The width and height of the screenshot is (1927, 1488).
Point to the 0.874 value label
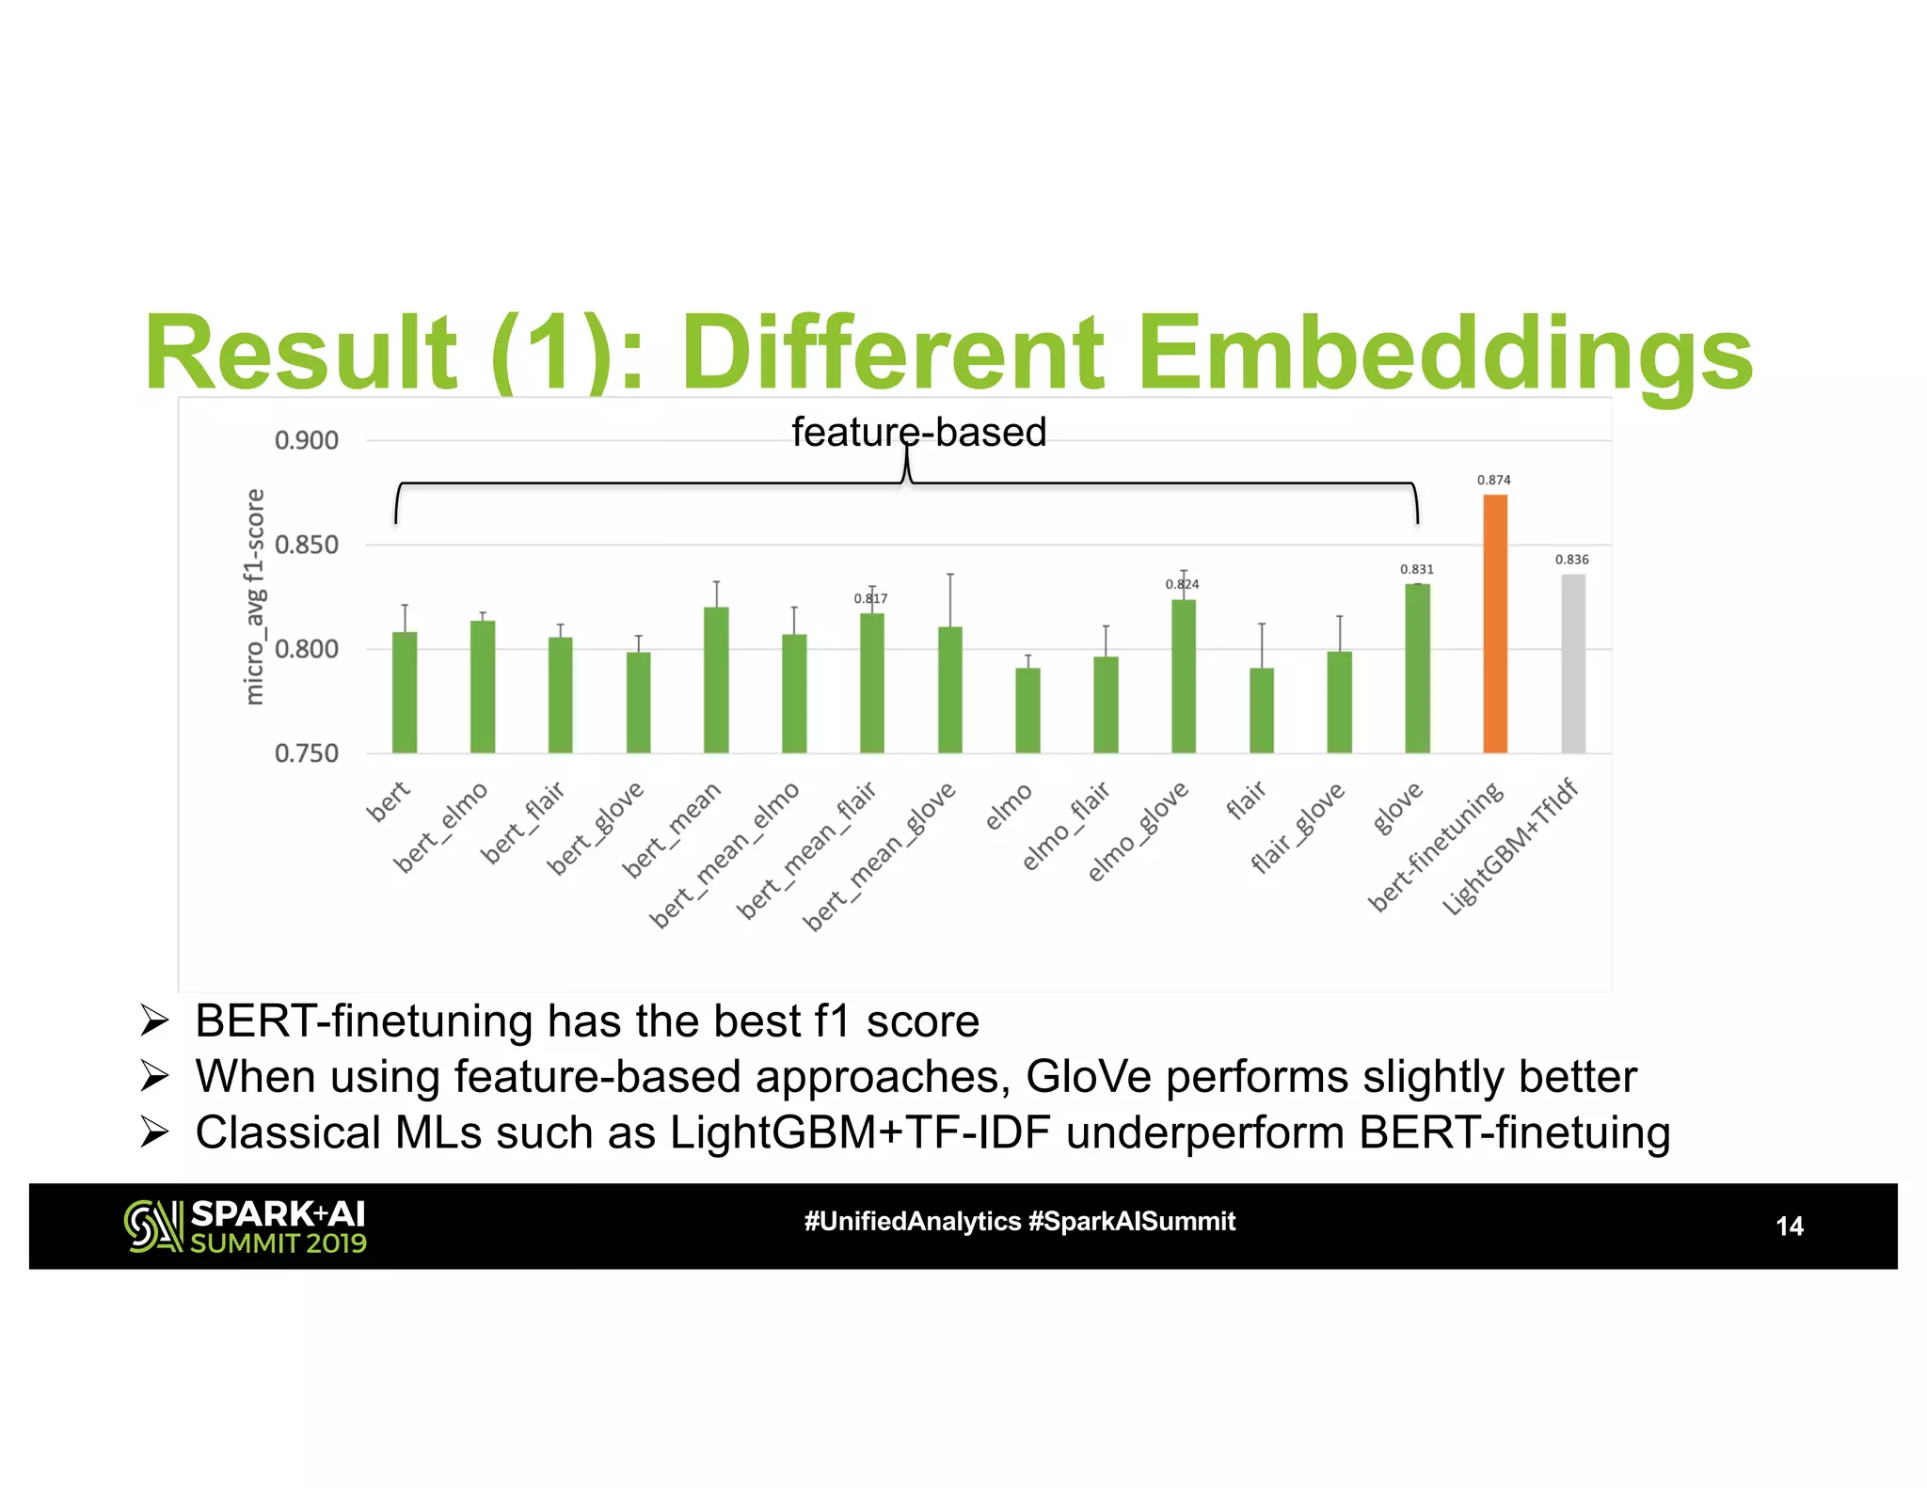point(1493,480)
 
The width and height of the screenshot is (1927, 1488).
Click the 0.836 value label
point(1571,560)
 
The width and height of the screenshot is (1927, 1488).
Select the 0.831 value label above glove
point(1416,569)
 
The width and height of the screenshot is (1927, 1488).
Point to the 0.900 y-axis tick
point(306,440)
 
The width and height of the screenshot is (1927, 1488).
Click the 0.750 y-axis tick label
point(306,753)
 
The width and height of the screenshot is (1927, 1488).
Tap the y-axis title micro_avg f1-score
point(254,596)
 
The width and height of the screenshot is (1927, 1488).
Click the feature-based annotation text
point(918,432)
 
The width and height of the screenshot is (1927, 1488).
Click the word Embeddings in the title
point(1444,353)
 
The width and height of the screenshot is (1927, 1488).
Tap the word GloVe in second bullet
point(1088,1076)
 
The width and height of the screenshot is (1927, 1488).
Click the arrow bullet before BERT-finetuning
point(153,1021)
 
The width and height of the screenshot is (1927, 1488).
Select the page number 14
point(1788,1227)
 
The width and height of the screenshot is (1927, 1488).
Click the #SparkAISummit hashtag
point(1131,1222)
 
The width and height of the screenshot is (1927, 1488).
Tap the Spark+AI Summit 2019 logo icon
point(152,1227)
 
